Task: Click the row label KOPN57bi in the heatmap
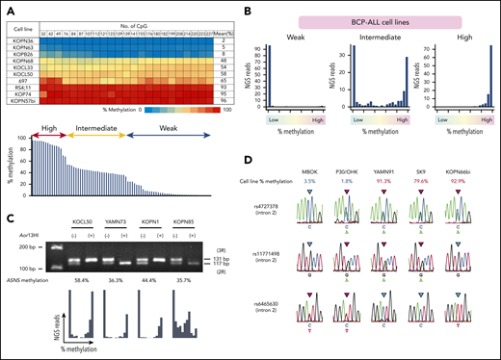[21, 100]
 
